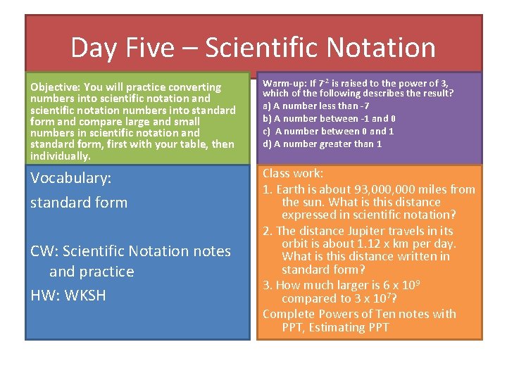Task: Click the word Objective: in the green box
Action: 56,87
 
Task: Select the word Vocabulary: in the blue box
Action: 71,179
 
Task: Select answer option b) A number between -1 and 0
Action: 330,118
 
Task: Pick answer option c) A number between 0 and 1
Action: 328,131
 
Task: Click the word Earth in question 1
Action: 291,189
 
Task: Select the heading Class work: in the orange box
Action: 293,173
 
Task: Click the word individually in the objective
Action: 60,156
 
